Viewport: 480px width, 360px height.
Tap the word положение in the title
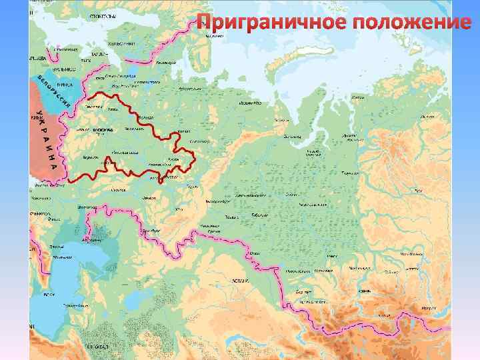(413, 22)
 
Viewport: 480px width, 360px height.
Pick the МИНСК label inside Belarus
(64, 85)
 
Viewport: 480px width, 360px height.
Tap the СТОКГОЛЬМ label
(100, 13)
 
